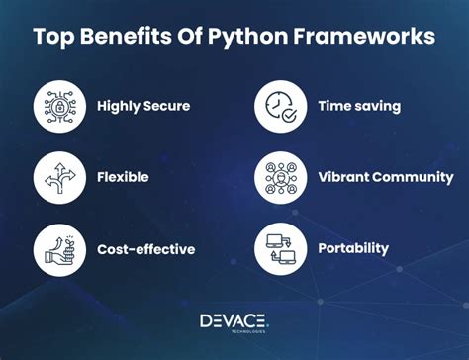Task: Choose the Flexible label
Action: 123,177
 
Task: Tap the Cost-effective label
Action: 146,249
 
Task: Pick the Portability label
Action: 353,249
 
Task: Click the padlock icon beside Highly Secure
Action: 58,106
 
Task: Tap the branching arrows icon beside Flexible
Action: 58,177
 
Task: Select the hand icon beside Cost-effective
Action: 58,249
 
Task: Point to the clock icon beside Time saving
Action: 280,106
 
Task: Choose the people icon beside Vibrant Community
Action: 280,177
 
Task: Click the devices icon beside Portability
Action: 280,249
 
